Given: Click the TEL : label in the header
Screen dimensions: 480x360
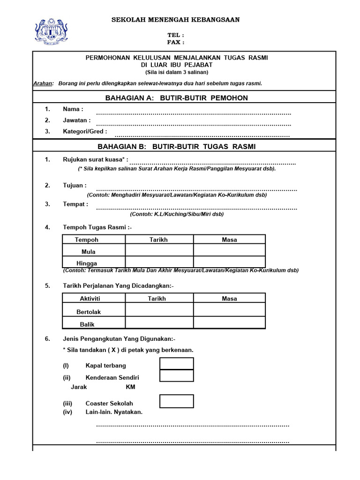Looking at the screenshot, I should coord(176,35).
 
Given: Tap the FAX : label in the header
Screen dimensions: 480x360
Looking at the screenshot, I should coord(176,42).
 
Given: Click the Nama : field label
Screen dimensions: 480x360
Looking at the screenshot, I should coord(73,109).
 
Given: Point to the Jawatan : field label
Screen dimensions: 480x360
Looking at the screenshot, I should coord(77,120).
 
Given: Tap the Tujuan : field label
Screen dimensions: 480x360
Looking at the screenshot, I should coord(75,185).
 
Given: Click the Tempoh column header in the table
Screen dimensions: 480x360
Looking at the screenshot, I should coord(87,240).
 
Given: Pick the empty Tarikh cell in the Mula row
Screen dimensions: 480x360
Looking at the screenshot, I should coord(159,251).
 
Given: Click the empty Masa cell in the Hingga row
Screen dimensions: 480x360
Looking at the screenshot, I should coord(229,262).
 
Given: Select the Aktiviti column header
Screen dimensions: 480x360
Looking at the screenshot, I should coord(90,299).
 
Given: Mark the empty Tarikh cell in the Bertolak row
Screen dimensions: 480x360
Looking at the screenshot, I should coord(159,310).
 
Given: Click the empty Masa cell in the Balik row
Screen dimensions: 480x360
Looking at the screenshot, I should coord(229,322).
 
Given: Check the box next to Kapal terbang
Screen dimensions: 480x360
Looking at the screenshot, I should coord(176,364).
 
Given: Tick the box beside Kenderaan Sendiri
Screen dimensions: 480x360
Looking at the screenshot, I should coord(176,376).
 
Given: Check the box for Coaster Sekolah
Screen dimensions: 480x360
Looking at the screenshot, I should coord(176,402).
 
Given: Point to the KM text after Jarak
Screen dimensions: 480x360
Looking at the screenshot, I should coord(130,388).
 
